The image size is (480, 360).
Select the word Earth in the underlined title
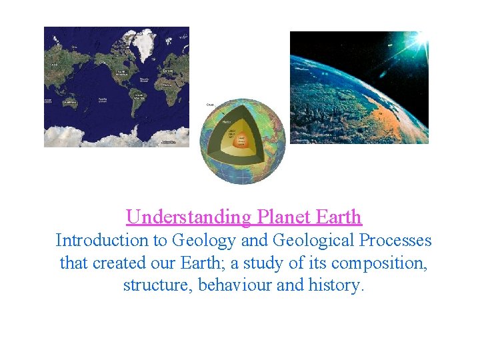click(x=338, y=217)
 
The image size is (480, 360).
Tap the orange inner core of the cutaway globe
click(x=241, y=141)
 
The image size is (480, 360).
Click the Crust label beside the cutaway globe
click(x=210, y=105)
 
